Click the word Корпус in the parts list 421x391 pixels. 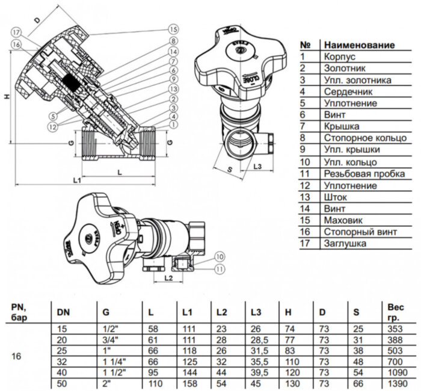pyautogui.click(x=340, y=57)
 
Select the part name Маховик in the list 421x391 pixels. pyautogui.click(x=342, y=220)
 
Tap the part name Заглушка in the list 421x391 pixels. pyautogui.click(x=345, y=244)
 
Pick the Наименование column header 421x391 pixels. pyautogui.click(x=359, y=45)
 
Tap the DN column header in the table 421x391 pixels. pyautogui.click(x=63, y=312)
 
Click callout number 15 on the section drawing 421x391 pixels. pyautogui.click(x=174, y=28)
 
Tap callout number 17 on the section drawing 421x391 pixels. pyautogui.click(x=16, y=32)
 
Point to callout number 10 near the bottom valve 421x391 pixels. pyautogui.click(x=219, y=256)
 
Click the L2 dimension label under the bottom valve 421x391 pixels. pyautogui.click(x=169, y=278)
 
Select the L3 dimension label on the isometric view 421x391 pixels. pyautogui.click(x=257, y=165)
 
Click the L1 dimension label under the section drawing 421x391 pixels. pyautogui.click(x=77, y=180)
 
